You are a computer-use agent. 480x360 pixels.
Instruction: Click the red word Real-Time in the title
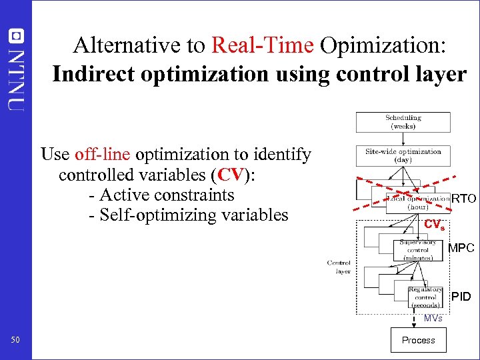(x=262, y=45)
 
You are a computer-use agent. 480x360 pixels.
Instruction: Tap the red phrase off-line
(x=103, y=155)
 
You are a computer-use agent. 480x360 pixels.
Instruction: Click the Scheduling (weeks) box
(x=403, y=122)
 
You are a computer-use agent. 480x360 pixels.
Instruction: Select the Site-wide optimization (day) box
(x=403, y=156)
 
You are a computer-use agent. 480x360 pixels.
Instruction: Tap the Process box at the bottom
(x=418, y=340)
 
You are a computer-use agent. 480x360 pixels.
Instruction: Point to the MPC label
(x=461, y=248)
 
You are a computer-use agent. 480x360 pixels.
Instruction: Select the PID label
(x=461, y=296)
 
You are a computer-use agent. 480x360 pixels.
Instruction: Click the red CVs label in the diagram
(x=434, y=225)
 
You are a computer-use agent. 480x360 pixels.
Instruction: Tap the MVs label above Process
(x=433, y=319)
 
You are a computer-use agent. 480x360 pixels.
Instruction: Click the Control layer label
(x=339, y=267)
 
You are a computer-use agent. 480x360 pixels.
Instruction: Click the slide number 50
(x=16, y=341)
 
